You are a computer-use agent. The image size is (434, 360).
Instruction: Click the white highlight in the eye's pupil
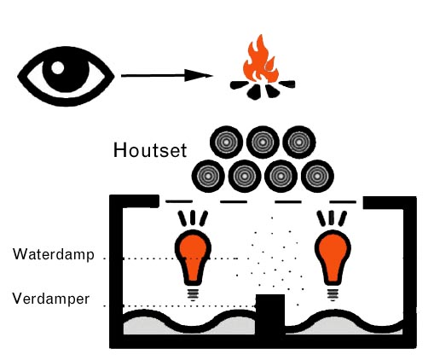(58, 68)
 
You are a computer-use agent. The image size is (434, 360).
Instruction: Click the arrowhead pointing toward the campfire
(199, 75)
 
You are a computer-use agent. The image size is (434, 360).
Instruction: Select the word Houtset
(150, 150)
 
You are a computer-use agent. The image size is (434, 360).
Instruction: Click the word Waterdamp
(54, 254)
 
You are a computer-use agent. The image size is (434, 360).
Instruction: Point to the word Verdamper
(51, 299)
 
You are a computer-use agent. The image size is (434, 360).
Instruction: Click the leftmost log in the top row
(226, 142)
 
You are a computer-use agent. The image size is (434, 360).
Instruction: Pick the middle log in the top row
(263, 142)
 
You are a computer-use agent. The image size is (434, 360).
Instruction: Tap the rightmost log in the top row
(299, 142)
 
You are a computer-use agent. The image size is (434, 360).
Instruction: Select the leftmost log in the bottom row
(208, 176)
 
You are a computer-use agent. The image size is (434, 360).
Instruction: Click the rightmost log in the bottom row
(317, 176)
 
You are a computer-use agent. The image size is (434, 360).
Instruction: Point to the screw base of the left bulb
(193, 294)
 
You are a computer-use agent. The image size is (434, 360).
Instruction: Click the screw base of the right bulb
(333, 294)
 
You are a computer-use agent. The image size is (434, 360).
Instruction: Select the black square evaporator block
(270, 314)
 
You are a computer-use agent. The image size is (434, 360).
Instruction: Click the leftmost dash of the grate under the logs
(179, 201)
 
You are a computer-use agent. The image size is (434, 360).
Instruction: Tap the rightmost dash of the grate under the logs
(343, 202)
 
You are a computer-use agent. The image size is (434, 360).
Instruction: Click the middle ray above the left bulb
(193, 218)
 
